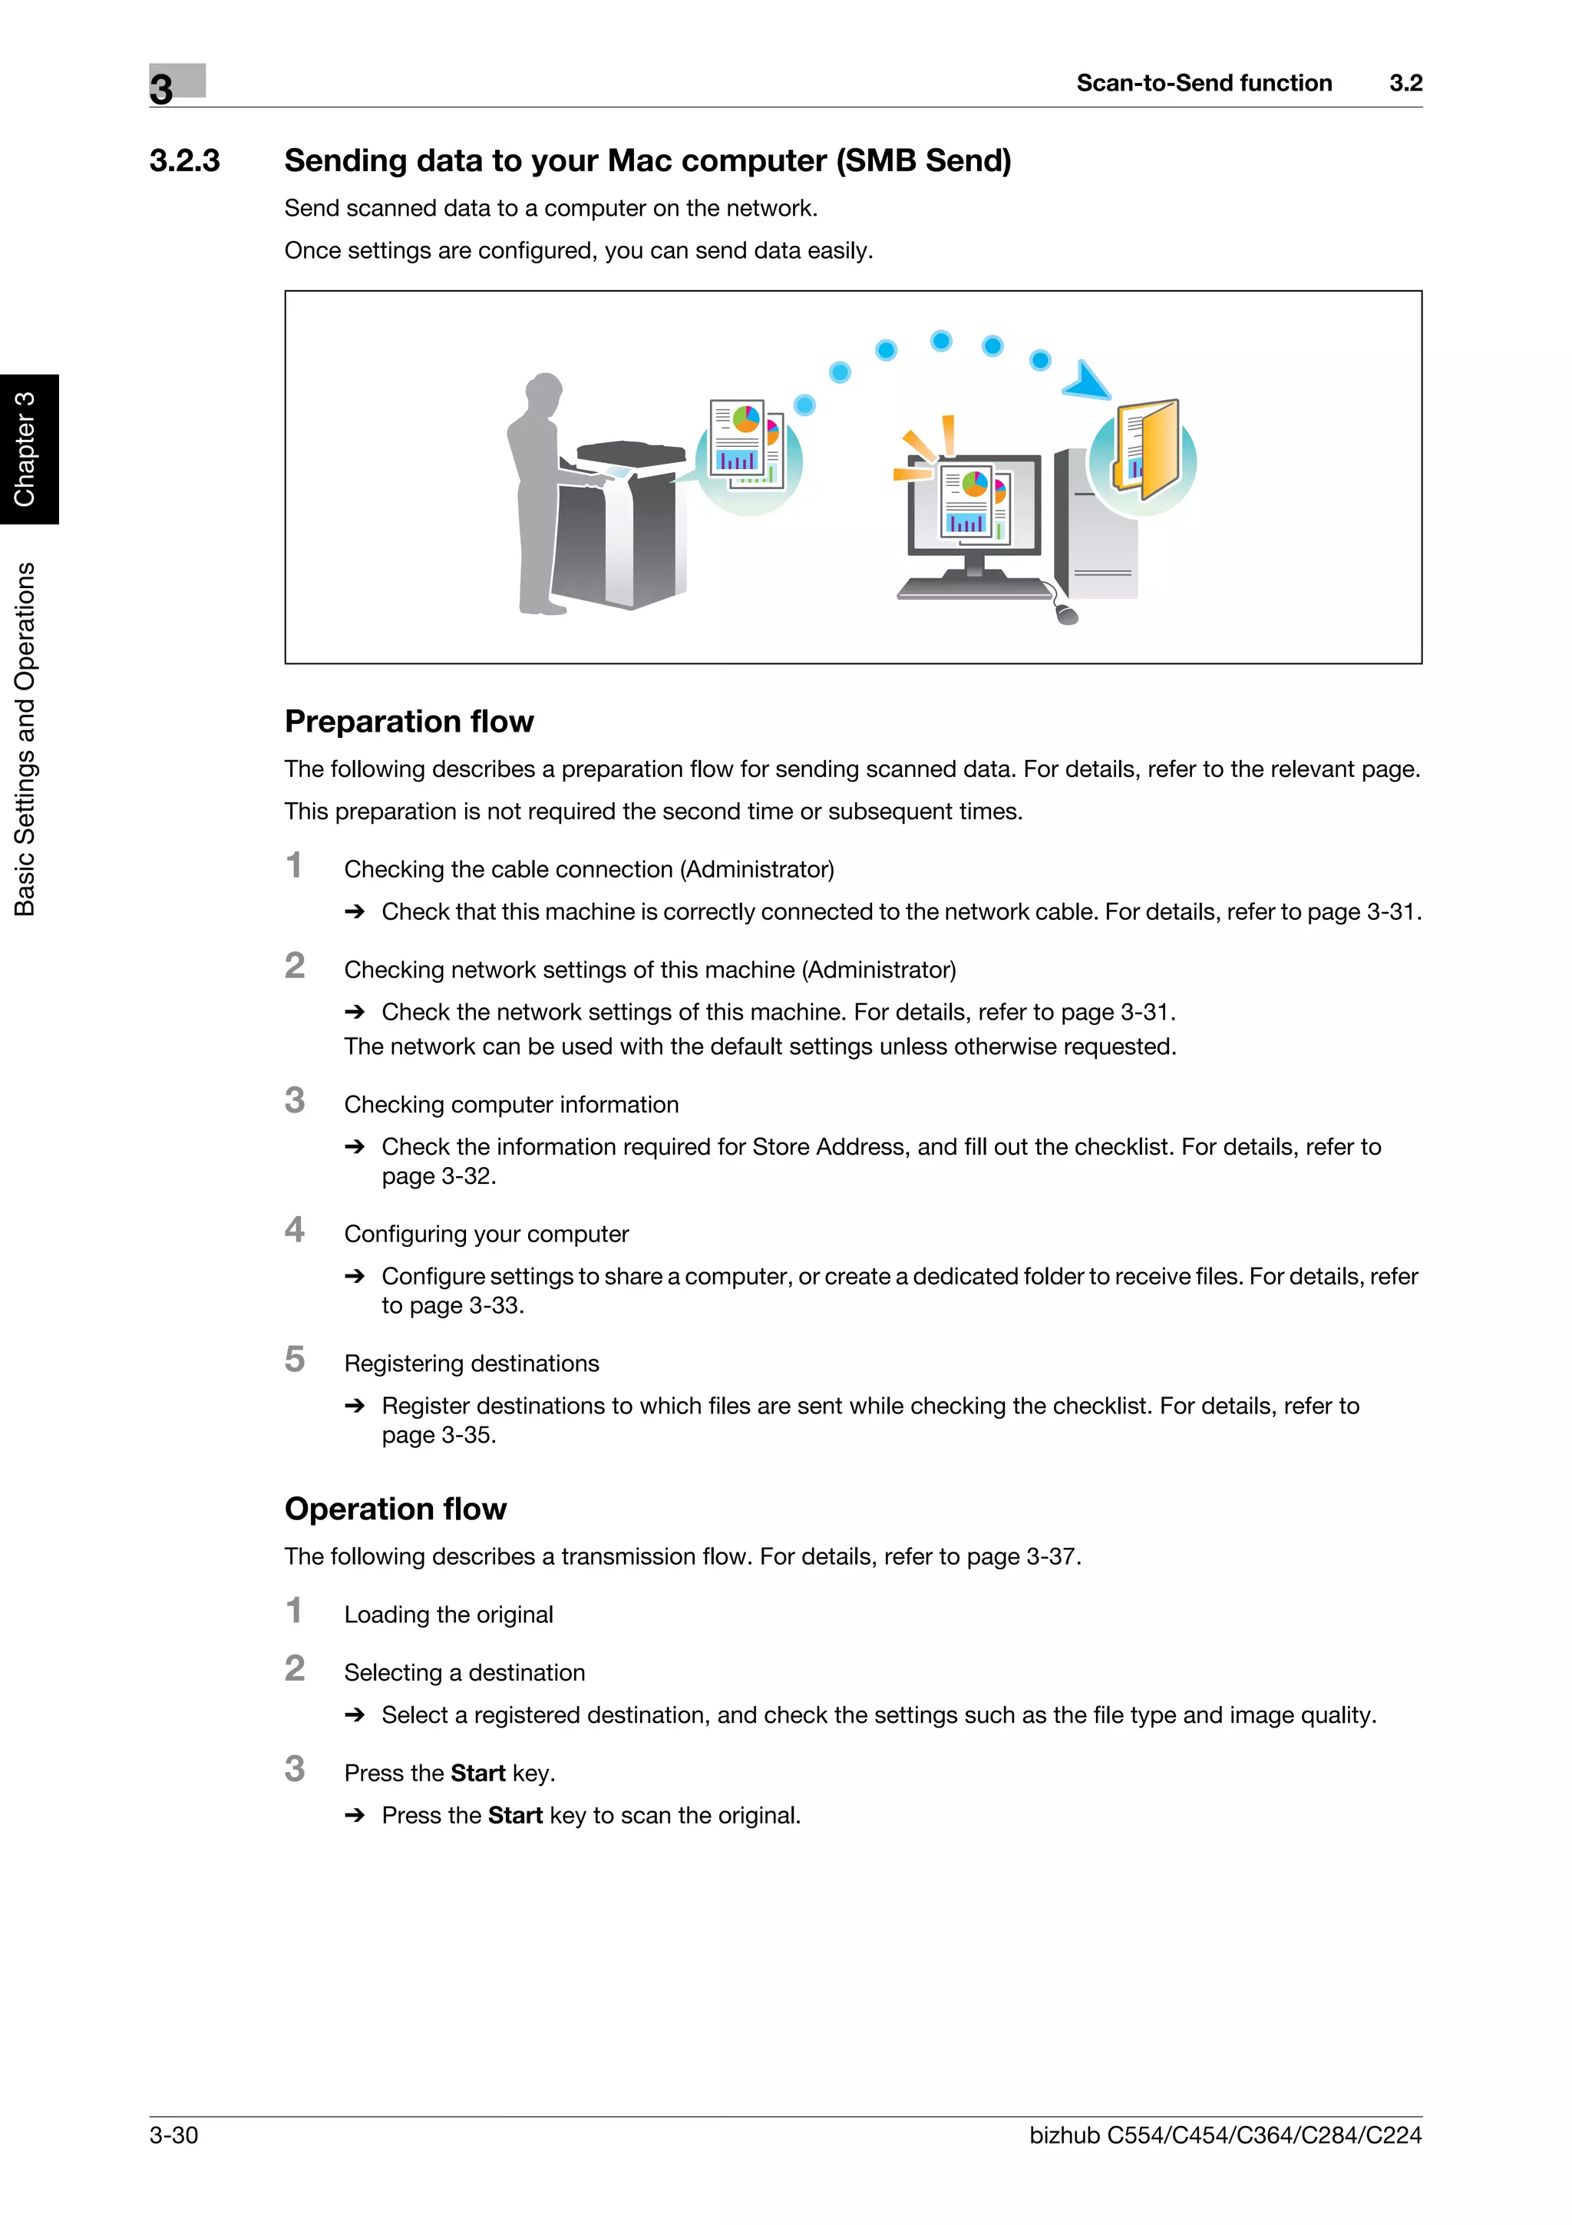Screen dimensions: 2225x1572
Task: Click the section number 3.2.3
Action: coord(184,161)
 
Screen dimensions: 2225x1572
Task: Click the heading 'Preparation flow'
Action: coord(409,721)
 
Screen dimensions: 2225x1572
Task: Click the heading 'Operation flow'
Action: coord(395,1509)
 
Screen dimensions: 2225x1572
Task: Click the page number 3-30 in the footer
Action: coord(173,2135)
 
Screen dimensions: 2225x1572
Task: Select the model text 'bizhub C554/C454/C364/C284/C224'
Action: coord(1224,2135)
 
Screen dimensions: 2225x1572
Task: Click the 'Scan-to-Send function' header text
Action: coord(1203,84)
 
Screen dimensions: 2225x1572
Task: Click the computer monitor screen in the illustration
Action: coord(973,504)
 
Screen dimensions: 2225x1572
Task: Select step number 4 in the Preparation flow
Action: coord(295,1230)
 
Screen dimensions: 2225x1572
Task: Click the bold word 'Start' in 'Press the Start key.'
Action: coord(477,1774)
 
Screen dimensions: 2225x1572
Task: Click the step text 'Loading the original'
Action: coord(448,1615)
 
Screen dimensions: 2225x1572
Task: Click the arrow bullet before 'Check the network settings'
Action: coord(355,1012)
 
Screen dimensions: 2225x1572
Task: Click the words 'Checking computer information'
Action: coord(510,1105)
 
